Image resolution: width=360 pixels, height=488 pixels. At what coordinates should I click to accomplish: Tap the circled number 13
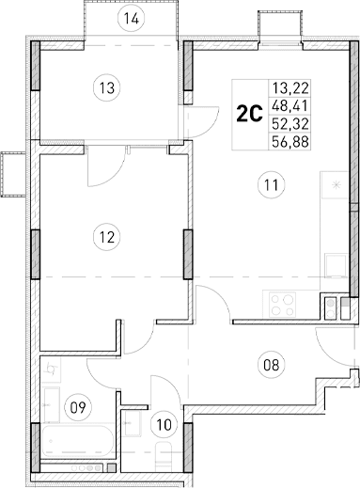(x=108, y=88)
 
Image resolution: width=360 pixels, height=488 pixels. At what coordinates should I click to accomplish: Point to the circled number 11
(x=272, y=185)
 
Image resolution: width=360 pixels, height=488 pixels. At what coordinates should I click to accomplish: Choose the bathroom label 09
(x=79, y=407)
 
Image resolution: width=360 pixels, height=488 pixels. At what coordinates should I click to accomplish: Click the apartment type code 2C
(x=248, y=115)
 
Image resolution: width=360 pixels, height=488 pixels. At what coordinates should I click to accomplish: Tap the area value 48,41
(x=288, y=105)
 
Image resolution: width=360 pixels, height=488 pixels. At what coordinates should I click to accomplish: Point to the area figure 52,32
(x=288, y=123)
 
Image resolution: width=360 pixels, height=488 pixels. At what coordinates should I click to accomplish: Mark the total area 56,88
(x=288, y=141)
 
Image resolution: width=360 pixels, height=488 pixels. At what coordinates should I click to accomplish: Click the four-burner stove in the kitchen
(x=281, y=304)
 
